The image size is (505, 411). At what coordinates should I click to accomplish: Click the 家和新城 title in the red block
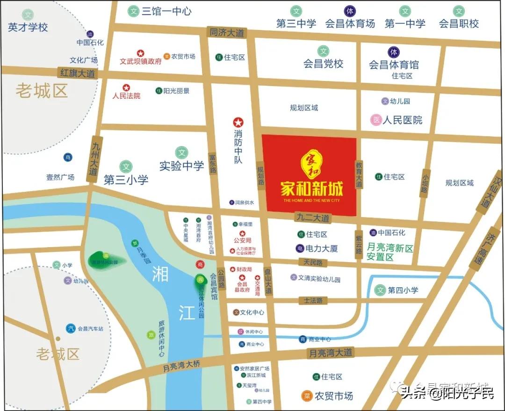pos(311,188)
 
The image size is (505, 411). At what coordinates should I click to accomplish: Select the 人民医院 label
pos(402,120)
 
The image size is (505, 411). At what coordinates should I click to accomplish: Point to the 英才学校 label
pos(28,27)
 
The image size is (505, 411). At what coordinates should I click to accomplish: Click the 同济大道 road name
pos(227,33)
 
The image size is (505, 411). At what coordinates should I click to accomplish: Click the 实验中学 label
pos(181,166)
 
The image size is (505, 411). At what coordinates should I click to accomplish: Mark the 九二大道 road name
pos(313,218)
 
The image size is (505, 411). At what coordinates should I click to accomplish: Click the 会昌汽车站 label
pos(90,329)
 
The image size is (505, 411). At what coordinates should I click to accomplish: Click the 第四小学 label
pos(403,290)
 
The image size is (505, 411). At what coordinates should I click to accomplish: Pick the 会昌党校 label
pos(323,64)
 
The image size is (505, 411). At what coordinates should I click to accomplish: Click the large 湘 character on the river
pos(160,274)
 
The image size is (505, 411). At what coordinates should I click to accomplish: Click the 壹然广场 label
pos(60,177)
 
